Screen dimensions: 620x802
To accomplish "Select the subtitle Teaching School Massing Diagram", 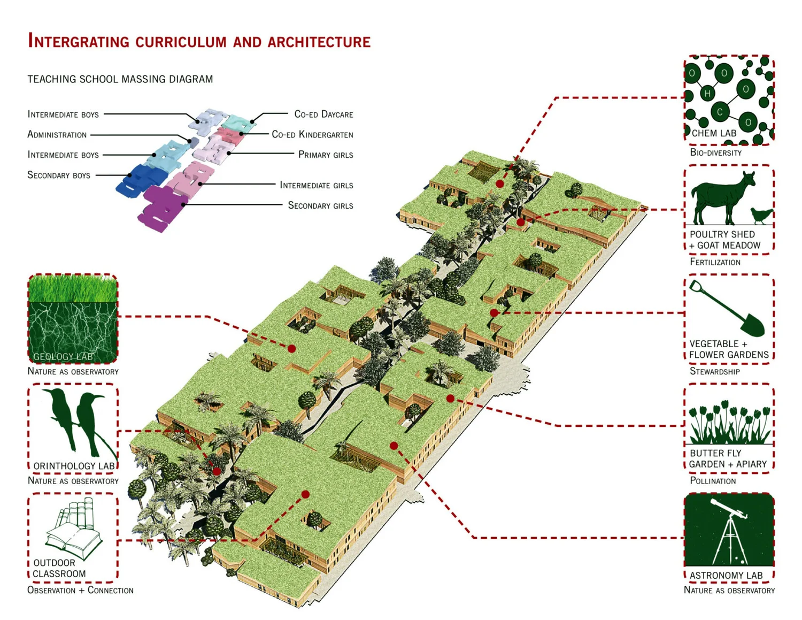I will click(x=120, y=79).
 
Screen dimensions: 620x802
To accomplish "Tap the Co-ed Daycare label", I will click(x=323, y=114).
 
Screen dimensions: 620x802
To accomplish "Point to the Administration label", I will click(x=57, y=135).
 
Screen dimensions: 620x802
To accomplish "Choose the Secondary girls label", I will click(x=320, y=205).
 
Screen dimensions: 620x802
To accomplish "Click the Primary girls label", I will click(x=326, y=155).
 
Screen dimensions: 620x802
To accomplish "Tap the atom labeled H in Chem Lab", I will click(x=707, y=94).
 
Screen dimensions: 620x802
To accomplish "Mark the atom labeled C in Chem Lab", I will click(x=720, y=112).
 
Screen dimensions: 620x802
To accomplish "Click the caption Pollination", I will click(x=713, y=481).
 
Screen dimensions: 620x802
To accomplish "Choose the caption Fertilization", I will click(x=715, y=262).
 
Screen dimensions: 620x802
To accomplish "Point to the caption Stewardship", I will click(x=714, y=371).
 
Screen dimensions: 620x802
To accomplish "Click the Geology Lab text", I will click(x=63, y=357).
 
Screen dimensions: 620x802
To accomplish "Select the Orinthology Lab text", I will click(x=74, y=466).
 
